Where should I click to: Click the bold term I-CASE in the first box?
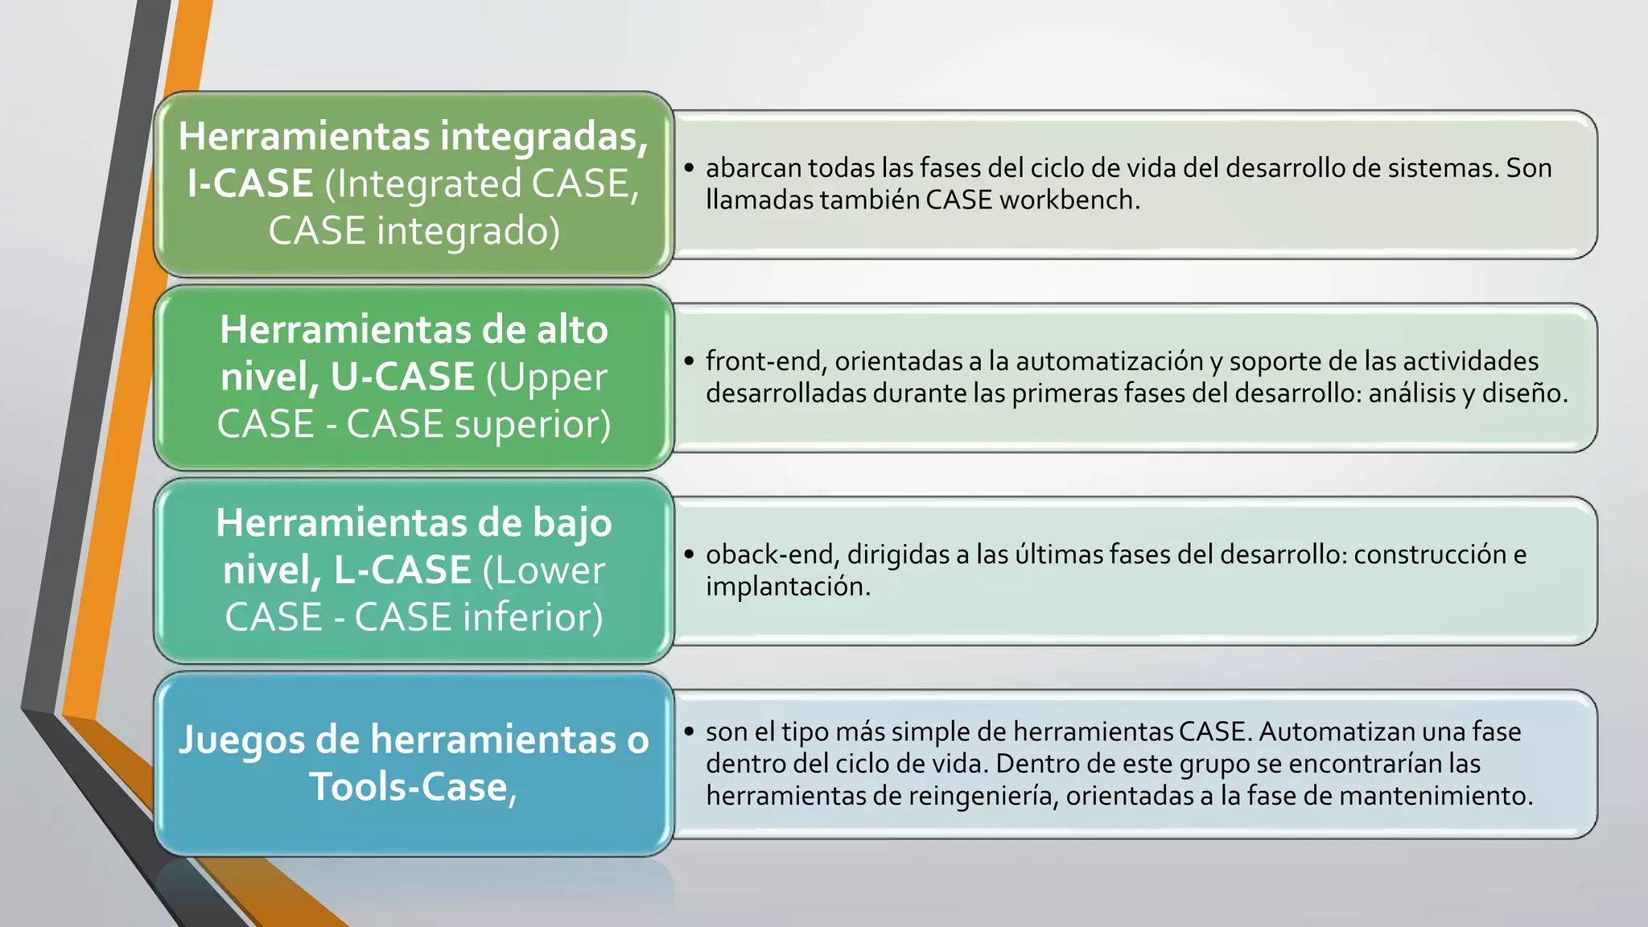pos(249,183)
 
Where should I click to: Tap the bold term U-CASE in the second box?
pos(403,377)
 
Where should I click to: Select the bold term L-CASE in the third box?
pos(402,570)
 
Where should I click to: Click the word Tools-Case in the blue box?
pos(413,786)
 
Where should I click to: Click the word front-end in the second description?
pos(765,361)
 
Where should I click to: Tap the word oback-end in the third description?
pos(772,554)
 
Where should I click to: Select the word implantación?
pos(788,587)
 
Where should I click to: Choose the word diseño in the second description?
pos(1525,393)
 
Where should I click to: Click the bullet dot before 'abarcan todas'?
pos(689,168)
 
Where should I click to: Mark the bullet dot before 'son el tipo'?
pos(689,731)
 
